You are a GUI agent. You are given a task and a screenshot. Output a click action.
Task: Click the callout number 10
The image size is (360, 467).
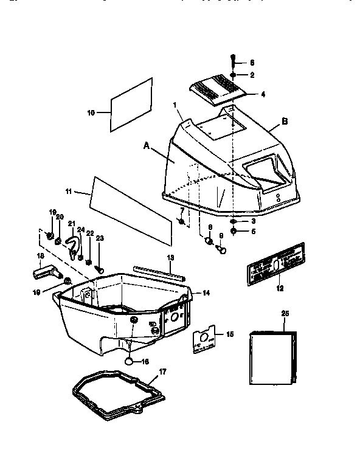point(91,112)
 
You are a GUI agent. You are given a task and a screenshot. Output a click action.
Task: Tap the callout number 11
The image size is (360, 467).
point(69,192)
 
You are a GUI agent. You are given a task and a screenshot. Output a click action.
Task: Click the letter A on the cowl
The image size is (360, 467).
point(146,145)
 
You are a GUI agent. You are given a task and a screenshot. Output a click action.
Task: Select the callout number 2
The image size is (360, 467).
point(252,74)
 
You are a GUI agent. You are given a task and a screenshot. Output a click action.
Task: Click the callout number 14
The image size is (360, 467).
point(206,293)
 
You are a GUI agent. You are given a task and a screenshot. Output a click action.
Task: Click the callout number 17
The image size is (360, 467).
point(161,371)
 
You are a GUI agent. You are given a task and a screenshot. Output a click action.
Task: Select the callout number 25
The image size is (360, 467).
point(286,313)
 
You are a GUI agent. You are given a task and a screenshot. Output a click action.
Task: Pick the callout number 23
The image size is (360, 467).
point(100,238)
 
